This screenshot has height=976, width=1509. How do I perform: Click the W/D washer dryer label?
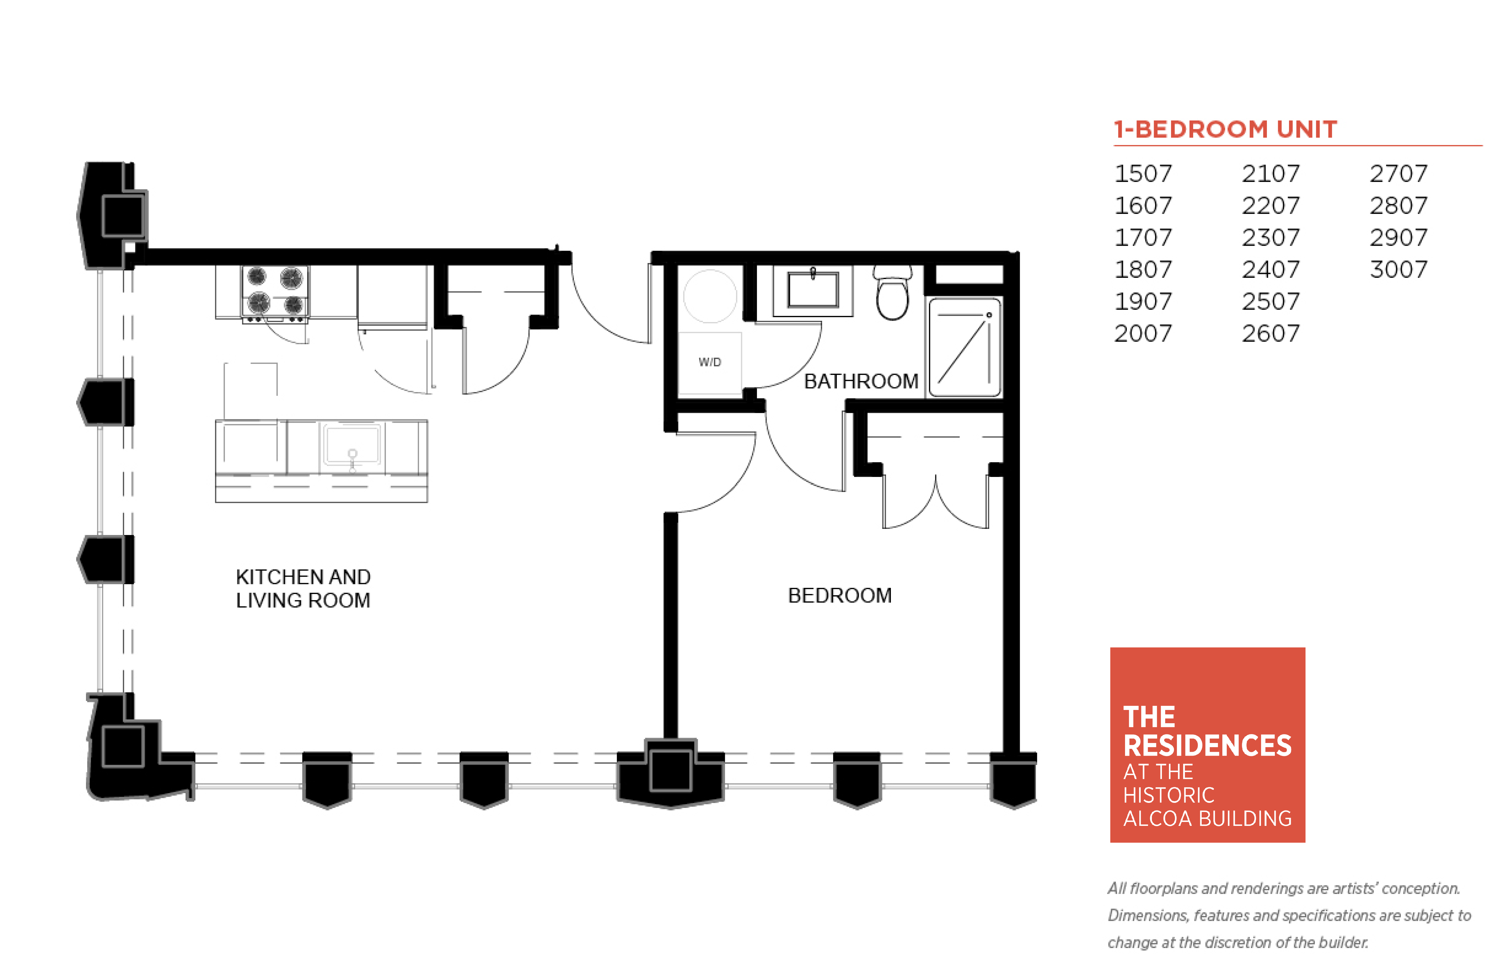(710, 362)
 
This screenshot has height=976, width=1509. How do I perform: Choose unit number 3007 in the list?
(1398, 269)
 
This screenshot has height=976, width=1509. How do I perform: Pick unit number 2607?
(1270, 333)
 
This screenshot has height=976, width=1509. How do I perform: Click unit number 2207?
(1270, 205)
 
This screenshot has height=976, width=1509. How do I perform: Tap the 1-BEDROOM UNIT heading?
(1225, 129)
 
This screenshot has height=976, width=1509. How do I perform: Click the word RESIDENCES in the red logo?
(1207, 745)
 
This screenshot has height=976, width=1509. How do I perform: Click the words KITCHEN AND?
(303, 577)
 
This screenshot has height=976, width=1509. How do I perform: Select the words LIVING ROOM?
(303, 600)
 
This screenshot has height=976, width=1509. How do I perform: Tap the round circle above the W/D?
(710, 296)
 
